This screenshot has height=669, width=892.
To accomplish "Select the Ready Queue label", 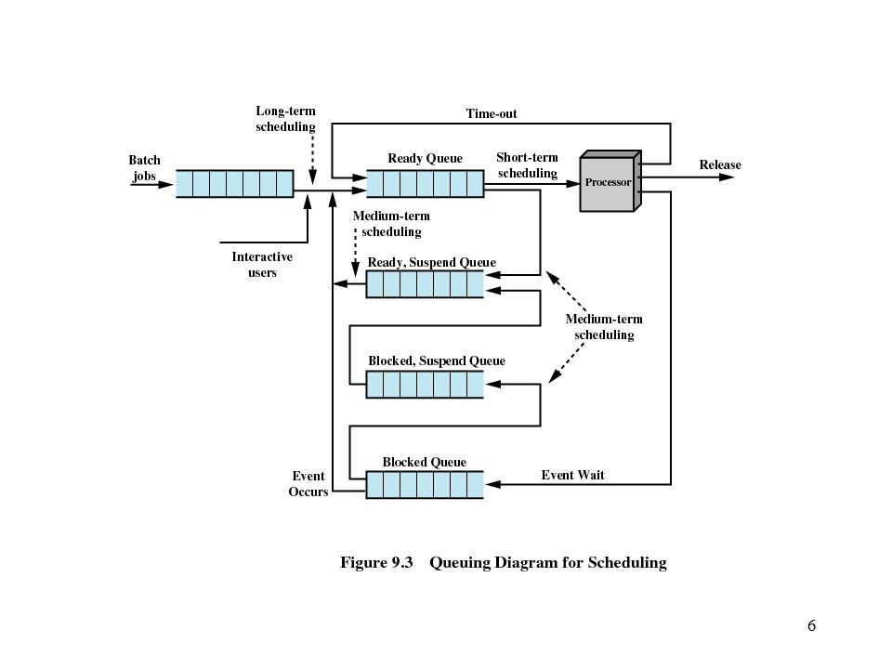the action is [425, 158].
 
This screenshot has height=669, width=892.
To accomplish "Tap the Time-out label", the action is [492, 113].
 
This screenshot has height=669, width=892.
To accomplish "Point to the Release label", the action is [720, 164].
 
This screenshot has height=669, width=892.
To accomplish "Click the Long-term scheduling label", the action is [285, 118].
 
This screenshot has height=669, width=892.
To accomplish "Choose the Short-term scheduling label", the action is [528, 165].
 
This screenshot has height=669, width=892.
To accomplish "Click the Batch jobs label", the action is [145, 168].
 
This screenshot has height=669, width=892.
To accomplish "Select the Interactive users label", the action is [262, 265].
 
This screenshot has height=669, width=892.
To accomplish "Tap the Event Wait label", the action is [572, 475].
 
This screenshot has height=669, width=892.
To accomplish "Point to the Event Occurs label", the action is [308, 483].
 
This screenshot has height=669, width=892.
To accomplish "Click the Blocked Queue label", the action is [425, 462].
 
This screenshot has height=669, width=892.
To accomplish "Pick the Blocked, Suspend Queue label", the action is [437, 361].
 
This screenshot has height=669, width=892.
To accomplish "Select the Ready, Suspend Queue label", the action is [432, 262].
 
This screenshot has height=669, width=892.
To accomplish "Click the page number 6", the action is [811, 625].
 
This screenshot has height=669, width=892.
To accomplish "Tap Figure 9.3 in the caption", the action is [376, 562].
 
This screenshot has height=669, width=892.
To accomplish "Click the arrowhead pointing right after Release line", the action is [727, 177].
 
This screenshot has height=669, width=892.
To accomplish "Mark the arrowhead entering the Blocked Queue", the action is [492, 484].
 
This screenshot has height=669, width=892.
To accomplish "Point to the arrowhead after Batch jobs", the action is [165, 184].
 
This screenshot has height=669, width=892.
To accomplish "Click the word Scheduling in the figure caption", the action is [627, 563].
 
